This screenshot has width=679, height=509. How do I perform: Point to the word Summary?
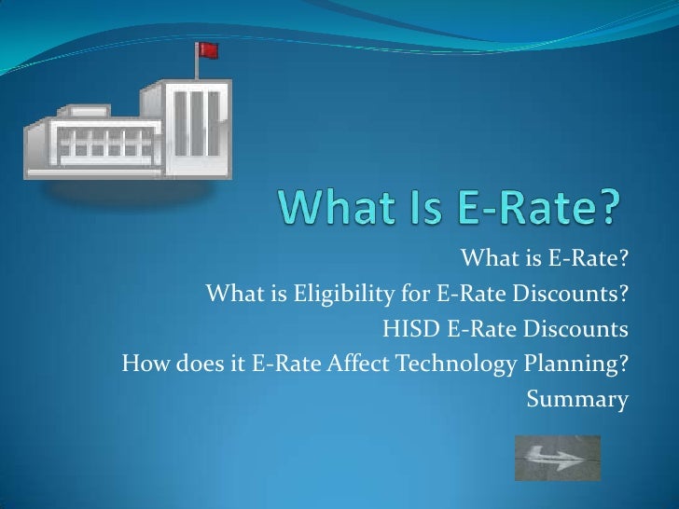(577, 400)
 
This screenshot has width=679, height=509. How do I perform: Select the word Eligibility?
(345, 296)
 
